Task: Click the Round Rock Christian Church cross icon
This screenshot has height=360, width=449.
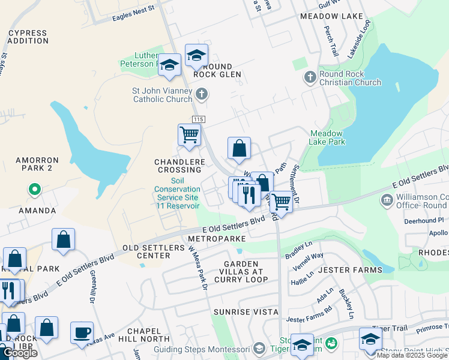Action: pyautogui.click(x=310, y=77)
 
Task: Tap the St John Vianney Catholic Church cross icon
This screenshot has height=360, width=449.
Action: pyautogui.click(x=202, y=94)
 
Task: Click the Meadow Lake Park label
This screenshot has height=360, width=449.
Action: pyautogui.click(x=327, y=137)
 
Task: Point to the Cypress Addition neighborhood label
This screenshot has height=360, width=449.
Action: pyautogui.click(x=29, y=37)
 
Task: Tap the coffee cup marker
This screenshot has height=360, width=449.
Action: pyautogui.click(x=82, y=332)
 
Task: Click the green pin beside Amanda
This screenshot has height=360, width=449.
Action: pyautogui.click(x=35, y=190)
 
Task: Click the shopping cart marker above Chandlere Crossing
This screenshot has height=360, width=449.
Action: pyautogui.click(x=190, y=135)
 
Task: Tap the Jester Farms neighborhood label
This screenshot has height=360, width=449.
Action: pyautogui.click(x=349, y=270)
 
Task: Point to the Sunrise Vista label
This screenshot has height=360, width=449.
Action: pyautogui.click(x=246, y=312)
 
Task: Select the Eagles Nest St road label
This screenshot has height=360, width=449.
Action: pyautogui.click(x=133, y=13)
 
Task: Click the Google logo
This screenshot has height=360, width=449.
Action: pyautogui.click(x=20, y=353)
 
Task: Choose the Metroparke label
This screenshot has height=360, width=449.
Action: pyautogui.click(x=217, y=239)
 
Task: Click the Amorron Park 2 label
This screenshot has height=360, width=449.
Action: pyautogui.click(x=37, y=164)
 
